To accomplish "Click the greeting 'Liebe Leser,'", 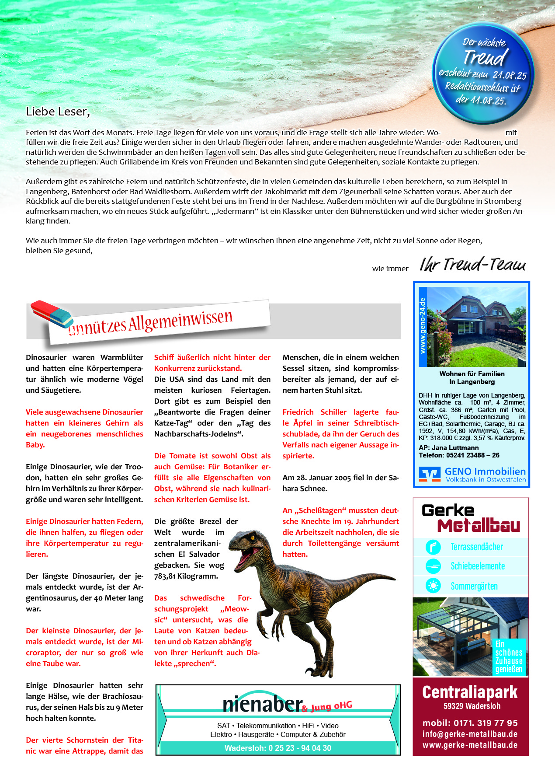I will (x=58, y=112).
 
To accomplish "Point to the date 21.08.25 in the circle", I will (x=510, y=75).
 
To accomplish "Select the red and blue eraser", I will (x=52, y=314).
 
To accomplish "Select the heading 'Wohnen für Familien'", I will (x=472, y=374).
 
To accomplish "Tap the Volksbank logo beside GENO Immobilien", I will (x=430, y=474).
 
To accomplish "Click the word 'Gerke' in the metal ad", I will (x=448, y=510).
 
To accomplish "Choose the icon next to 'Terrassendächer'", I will (x=433, y=547).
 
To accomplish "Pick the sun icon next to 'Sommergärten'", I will (x=433, y=586).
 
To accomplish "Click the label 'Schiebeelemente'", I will (x=478, y=566).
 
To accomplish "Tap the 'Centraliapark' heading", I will (x=470, y=692).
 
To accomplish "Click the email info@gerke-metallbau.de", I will (x=470, y=734).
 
